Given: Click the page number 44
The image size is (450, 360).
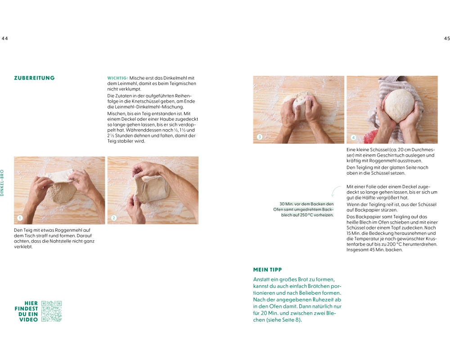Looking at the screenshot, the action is (x=4, y=38).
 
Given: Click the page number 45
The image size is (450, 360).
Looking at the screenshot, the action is (x=447, y=38).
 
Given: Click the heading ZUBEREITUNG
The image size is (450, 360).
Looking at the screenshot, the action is (x=35, y=78).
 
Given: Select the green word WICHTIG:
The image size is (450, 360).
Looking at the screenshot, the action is (x=117, y=78).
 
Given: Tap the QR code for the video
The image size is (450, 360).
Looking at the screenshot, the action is (x=52, y=311).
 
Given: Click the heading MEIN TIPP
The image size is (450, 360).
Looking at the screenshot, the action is (x=267, y=270).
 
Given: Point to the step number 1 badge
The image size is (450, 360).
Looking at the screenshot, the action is (x=20, y=218).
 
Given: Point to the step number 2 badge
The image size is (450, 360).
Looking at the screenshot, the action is (x=114, y=218).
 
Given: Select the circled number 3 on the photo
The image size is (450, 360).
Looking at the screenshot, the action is (x=260, y=137).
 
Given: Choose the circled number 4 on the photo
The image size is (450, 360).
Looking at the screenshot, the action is (x=353, y=137).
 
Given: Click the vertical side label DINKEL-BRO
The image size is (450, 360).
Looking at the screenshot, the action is (x=2, y=183).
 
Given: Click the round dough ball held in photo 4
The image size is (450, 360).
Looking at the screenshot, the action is (x=399, y=105).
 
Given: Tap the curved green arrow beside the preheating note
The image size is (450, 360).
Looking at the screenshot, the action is (x=335, y=191).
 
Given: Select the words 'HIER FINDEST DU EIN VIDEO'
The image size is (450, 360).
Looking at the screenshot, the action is (x=26, y=311).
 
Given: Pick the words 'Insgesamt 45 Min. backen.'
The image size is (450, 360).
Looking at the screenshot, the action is (x=374, y=250).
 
